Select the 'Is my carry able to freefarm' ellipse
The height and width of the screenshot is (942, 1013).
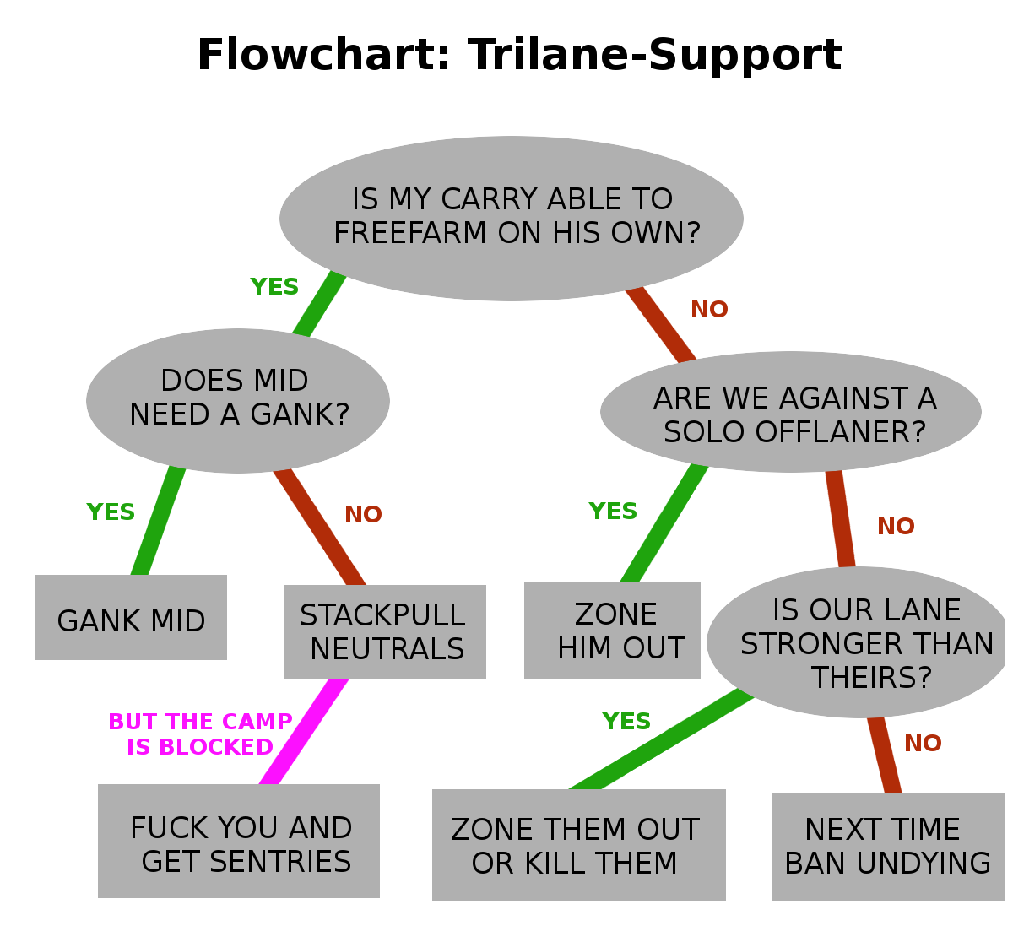pyautogui.click(x=512, y=218)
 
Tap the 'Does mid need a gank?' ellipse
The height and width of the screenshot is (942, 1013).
pyautogui.click(x=238, y=399)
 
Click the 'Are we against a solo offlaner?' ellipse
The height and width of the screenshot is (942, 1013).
pyautogui.click(x=791, y=413)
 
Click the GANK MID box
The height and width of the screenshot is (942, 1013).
pyautogui.click(x=131, y=618)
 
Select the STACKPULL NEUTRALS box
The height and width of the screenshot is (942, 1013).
pyautogui.click(x=385, y=631)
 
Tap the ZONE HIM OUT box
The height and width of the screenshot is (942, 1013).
pyautogui.click(x=613, y=631)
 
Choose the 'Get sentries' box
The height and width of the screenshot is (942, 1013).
pyautogui.click(x=239, y=842)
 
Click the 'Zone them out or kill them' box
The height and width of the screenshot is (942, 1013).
pyautogui.click(x=579, y=845)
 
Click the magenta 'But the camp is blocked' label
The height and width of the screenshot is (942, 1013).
pyautogui.click(x=200, y=734)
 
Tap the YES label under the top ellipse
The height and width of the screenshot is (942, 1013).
pyautogui.click(x=274, y=287)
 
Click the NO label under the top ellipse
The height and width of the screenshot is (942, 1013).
pyautogui.click(x=709, y=310)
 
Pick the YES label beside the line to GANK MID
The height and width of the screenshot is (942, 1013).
pyautogui.click(x=111, y=512)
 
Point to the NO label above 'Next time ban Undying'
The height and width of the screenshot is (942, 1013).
pyautogui.click(x=923, y=744)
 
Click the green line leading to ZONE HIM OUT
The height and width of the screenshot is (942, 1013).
pyautogui.click(x=664, y=523)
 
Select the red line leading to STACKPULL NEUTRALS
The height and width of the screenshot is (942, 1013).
pyautogui.click(x=320, y=528)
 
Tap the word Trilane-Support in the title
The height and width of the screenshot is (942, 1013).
pyautogui.click(x=655, y=56)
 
